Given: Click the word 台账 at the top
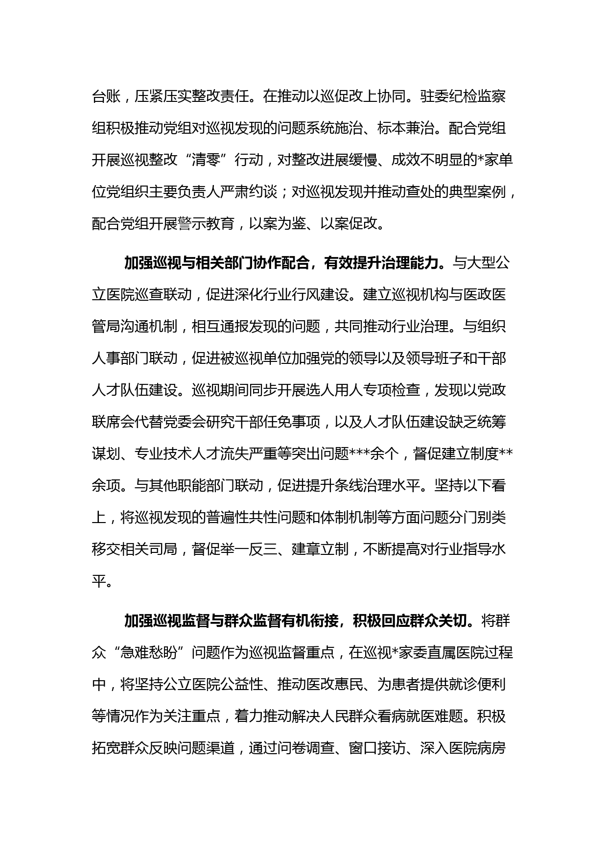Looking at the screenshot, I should [x=106, y=96].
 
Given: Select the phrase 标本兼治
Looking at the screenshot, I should [x=406, y=128].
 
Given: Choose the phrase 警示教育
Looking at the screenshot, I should [x=206, y=224].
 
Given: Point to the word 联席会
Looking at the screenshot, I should [x=113, y=422].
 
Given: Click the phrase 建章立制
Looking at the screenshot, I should [x=320, y=549].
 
